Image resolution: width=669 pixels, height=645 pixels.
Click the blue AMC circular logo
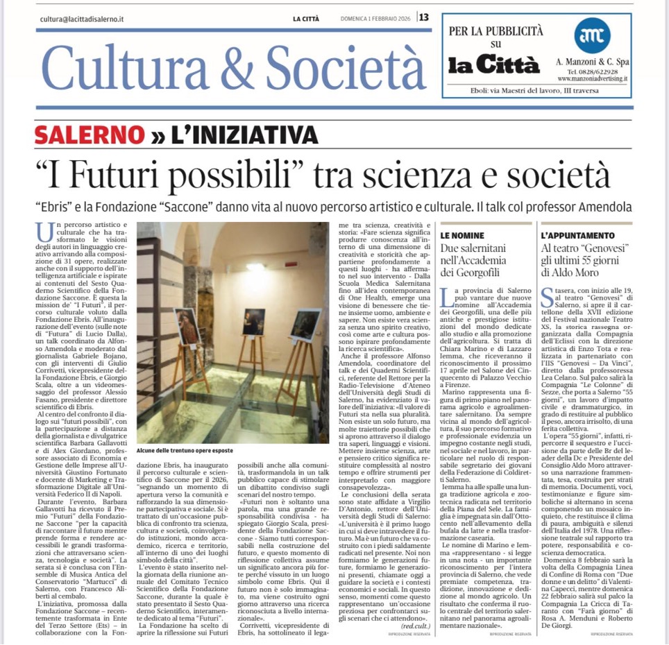click(592, 35)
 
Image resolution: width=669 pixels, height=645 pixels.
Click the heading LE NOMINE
click(462, 236)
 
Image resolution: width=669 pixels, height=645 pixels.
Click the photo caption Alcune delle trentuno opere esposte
click(186, 450)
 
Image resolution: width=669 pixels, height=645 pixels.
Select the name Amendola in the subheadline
click(602, 208)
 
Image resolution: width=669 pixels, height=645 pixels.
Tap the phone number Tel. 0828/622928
click(592, 71)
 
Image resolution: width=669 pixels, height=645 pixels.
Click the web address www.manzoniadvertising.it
click(592, 79)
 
